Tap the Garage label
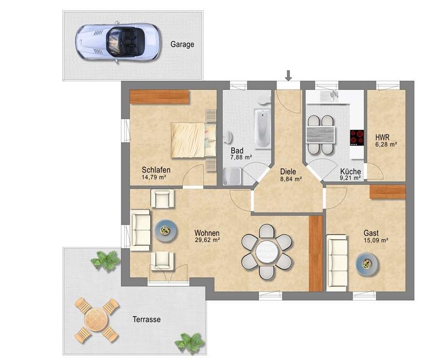tap(182, 44)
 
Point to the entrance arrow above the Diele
tap(289, 76)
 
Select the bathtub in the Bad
tap(263, 129)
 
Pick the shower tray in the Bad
tap(232, 176)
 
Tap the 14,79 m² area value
tap(154, 177)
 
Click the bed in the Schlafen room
tap(194, 140)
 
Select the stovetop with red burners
tap(357, 138)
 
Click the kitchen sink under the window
tap(329, 96)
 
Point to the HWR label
tap(382, 137)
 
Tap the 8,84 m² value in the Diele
tap(291, 179)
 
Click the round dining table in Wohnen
tap(267, 251)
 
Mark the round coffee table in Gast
tap(367, 265)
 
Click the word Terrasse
tap(147, 320)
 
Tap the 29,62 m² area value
tap(207, 240)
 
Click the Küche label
tap(350, 171)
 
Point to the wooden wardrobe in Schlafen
tap(160, 97)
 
